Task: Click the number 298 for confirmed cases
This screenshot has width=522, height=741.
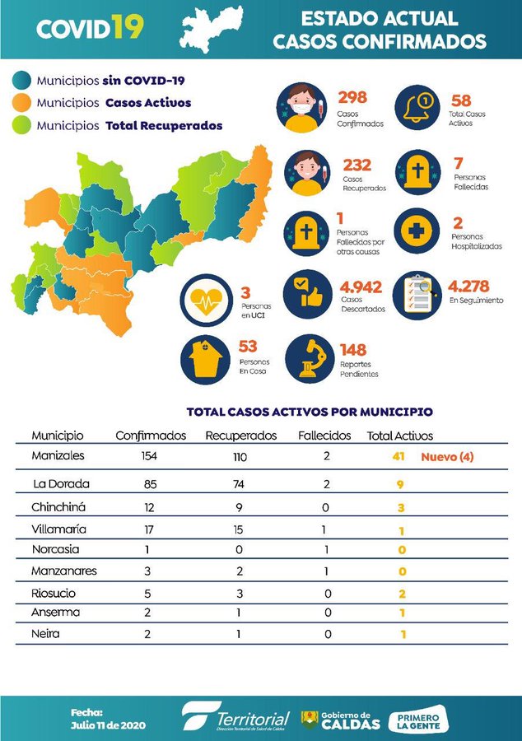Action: [352, 97]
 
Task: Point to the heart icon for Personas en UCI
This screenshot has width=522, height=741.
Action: [207, 302]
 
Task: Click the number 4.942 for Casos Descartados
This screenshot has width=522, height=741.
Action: [361, 287]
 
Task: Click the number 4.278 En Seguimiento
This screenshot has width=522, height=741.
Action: [468, 287]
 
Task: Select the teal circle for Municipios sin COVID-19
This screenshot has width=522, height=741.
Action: [22, 81]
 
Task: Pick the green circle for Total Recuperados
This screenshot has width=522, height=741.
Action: [22, 125]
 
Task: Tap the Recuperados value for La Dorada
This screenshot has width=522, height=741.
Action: [240, 483]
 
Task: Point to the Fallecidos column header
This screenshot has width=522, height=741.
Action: [324, 435]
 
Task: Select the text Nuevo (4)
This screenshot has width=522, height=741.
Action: [448, 456]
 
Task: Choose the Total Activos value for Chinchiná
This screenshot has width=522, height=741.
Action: [400, 507]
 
